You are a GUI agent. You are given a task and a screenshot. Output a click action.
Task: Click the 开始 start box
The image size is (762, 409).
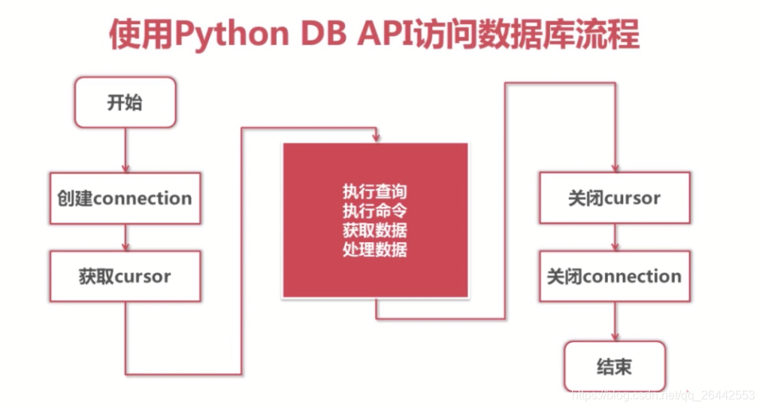click(x=125, y=101)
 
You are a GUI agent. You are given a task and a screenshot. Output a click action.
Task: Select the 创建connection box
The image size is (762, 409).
click(x=125, y=198)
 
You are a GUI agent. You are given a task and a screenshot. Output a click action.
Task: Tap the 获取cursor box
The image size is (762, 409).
click(x=125, y=276)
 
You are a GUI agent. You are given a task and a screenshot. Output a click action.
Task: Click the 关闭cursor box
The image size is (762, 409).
click(x=615, y=198)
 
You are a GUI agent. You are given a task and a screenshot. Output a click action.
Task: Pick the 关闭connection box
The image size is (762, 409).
click(x=615, y=276)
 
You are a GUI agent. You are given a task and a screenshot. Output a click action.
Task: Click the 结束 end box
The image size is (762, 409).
click(x=615, y=367)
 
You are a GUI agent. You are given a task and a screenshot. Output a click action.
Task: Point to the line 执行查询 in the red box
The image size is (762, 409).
click(x=375, y=192)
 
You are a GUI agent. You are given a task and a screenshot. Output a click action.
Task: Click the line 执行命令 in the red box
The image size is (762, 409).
click(x=375, y=211)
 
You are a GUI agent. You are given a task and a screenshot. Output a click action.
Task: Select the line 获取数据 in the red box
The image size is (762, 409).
click(x=375, y=230)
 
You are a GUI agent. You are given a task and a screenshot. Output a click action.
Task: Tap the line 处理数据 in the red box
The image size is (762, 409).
click(x=375, y=249)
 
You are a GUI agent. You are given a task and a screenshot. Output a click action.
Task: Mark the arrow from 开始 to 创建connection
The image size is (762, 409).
click(x=125, y=150)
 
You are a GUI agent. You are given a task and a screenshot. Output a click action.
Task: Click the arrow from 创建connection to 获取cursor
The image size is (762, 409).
click(x=125, y=238)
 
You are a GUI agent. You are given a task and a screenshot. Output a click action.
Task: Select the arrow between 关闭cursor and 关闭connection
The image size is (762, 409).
click(x=615, y=238)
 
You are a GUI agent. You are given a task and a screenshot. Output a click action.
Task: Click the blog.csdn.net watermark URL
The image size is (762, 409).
click(x=662, y=395)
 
